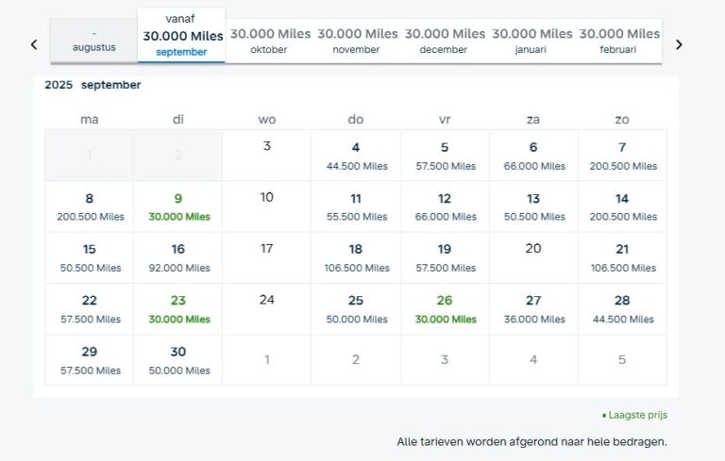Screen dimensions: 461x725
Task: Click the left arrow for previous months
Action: (34, 44)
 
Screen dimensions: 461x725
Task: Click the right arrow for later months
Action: (678, 44)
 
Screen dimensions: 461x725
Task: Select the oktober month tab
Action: (269, 41)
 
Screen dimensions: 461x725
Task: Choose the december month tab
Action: (445, 41)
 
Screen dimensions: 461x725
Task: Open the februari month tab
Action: (619, 41)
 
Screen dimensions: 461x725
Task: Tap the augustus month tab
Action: (93, 41)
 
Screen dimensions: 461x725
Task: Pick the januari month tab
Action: (532, 41)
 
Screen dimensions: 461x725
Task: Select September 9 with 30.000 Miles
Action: (178, 206)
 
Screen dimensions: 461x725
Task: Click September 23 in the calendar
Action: (178, 309)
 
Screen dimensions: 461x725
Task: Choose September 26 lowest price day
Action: (445, 309)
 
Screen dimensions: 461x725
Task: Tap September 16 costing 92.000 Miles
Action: (178, 257)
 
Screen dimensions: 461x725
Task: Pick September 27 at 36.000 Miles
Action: (533, 309)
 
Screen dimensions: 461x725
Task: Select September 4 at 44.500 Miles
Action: (356, 156)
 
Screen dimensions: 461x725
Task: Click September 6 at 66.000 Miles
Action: (533, 156)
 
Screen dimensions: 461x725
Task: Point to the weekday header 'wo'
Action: (267, 119)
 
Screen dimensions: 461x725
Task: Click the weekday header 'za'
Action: (533, 119)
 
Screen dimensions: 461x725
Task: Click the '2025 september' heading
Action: (93, 85)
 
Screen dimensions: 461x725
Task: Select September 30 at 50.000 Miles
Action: (178, 360)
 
